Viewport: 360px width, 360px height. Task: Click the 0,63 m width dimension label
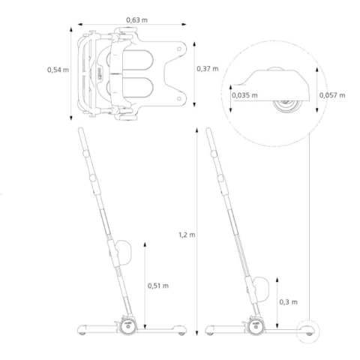[136, 19]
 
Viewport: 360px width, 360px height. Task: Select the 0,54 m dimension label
[58, 70]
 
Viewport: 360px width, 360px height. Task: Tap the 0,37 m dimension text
[208, 68]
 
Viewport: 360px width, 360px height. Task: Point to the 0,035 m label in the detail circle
[244, 95]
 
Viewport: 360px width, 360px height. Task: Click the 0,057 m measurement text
[332, 95]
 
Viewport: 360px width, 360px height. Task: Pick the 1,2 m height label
[187, 235]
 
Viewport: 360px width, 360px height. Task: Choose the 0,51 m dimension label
[158, 286]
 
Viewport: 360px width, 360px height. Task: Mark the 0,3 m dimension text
[289, 302]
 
